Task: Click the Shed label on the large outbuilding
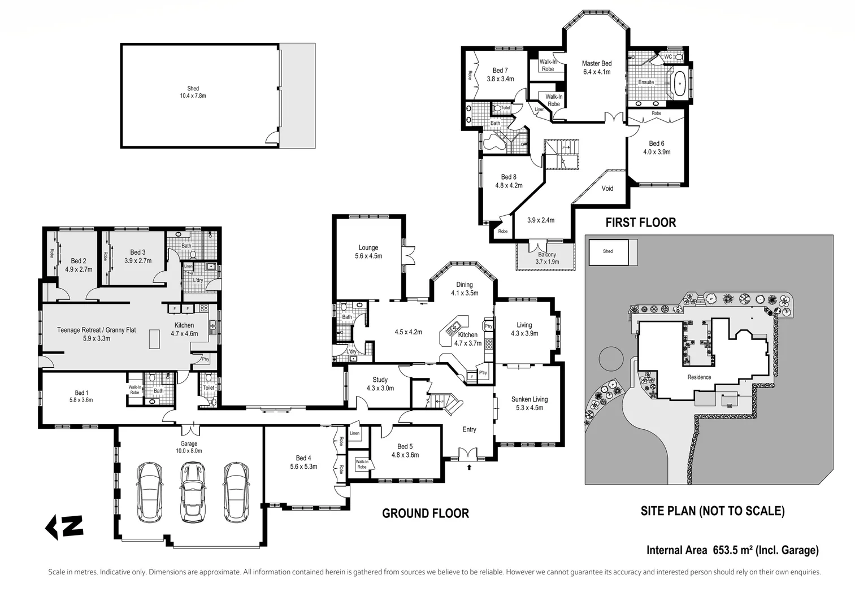point(193,92)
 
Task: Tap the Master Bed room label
point(596,67)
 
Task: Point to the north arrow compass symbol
point(64,526)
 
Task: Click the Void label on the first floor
point(607,189)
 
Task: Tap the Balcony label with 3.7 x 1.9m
point(546,258)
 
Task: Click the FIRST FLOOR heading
point(640,223)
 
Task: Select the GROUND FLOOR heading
point(425,513)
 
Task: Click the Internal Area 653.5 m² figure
point(732,550)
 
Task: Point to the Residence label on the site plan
point(699,377)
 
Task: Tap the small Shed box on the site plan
point(608,252)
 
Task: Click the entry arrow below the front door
point(469,467)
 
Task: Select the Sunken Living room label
point(530,403)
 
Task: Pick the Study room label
point(380,384)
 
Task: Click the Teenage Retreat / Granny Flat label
point(96,334)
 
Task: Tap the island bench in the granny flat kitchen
point(154,339)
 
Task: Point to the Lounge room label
point(368,251)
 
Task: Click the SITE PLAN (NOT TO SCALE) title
point(712,511)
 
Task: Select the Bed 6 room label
point(656,147)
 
